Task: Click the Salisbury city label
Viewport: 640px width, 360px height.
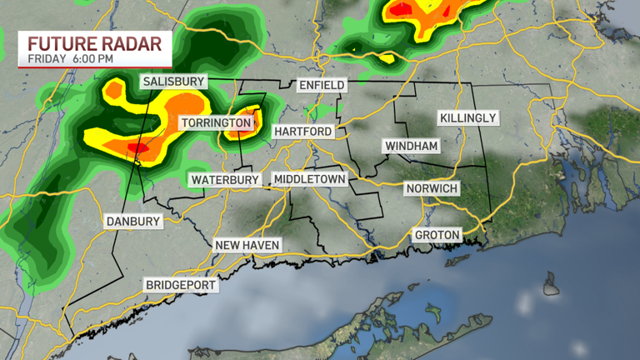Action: (173, 82)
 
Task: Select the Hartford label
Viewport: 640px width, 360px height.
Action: (302, 132)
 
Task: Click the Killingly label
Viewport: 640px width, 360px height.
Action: (468, 118)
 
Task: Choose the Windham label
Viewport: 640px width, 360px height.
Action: (411, 146)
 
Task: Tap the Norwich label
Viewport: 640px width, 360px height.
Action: (432, 188)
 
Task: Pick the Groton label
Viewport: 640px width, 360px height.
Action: (437, 235)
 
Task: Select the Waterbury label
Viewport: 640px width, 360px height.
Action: (225, 180)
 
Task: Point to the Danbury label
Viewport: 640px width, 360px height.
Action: (132, 222)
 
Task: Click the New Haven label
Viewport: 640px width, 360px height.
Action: (247, 245)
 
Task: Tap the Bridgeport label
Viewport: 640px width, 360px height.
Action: (181, 285)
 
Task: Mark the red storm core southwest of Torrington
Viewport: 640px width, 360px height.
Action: (138, 147)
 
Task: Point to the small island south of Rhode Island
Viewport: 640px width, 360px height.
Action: (551, 287)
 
